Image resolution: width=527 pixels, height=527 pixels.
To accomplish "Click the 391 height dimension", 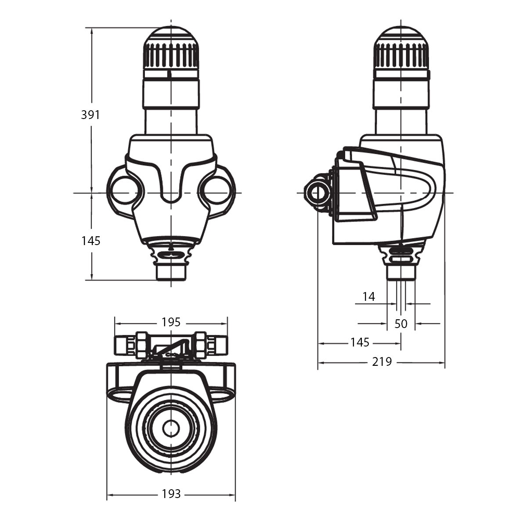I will pos(90,115).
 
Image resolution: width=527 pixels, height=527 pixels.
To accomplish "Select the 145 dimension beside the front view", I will pos(90,241).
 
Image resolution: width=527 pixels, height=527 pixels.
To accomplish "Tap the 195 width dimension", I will pos(171,322).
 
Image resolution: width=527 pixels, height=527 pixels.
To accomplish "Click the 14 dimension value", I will pos(369,297).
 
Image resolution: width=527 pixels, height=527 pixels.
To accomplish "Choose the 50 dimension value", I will pos(401,324).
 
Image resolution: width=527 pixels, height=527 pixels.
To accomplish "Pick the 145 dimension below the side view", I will pos(360,342).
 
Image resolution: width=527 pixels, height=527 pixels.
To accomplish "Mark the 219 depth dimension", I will pos(382,362).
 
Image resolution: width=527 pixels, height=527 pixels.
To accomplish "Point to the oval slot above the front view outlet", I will pos(171,254).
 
